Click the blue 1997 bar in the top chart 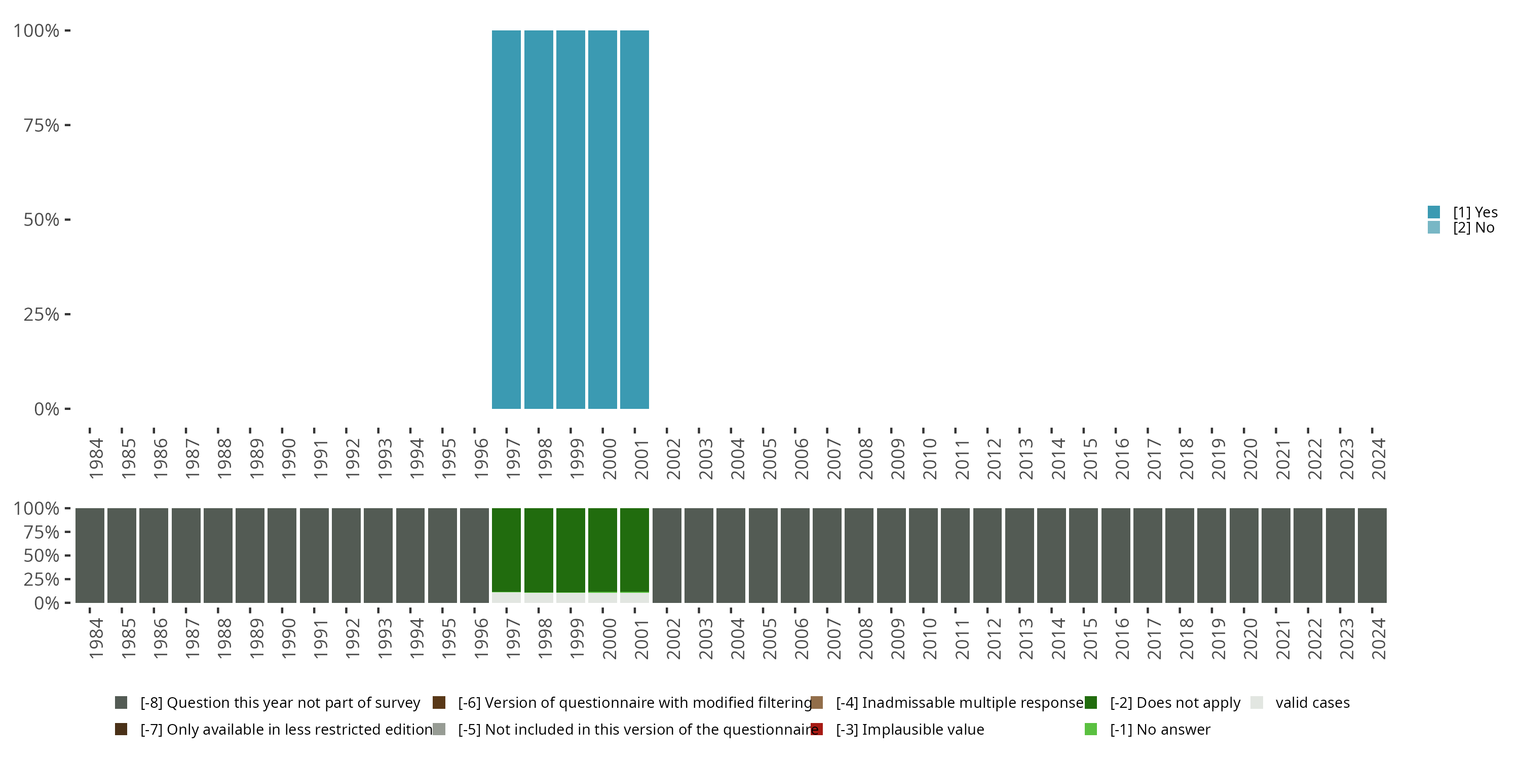[506, 219]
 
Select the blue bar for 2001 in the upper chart [634, 219]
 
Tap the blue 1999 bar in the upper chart [571, 219]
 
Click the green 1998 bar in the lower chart [539, 550]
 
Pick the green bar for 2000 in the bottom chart [602, 550]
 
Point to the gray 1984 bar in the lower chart [90, 555]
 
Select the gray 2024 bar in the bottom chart [1372, 555]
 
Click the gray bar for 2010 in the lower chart [923, 555]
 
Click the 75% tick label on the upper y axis [42, 125]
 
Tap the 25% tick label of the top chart [42, 315]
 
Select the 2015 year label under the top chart [1090, 459]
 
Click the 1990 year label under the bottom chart [288, 638]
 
